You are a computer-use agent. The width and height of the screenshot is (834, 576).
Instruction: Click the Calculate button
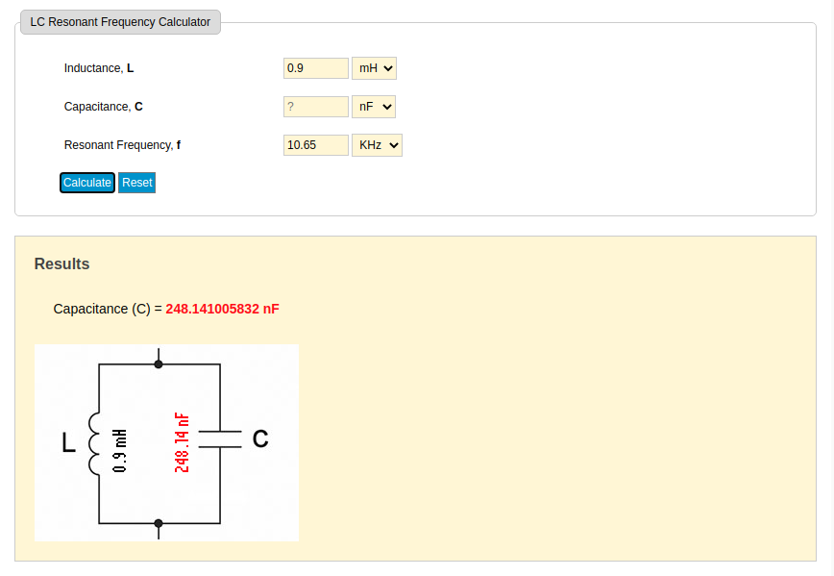tap(87, 183)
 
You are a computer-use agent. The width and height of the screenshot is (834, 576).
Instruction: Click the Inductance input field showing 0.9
tap(316, 68)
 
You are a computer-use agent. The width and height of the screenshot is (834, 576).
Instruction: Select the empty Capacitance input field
tap(316, 107)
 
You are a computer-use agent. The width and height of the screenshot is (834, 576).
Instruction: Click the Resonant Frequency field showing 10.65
tap(316, 145)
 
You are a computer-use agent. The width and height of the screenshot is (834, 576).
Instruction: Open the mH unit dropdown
tap(375, 68)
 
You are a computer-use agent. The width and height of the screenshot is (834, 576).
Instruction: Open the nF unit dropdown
tap(374, 107)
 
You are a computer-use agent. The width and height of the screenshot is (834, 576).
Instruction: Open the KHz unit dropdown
tap(377, 145)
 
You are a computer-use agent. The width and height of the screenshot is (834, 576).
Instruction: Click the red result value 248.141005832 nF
tap(222, 309)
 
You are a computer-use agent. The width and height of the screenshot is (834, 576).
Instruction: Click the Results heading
tap(61, 264)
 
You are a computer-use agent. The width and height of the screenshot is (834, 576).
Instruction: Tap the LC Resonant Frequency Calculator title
tap(120, 22)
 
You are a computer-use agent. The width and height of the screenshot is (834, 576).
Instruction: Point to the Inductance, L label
tap(99, 68)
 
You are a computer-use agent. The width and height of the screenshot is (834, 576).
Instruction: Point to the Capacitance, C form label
tap(103, 107)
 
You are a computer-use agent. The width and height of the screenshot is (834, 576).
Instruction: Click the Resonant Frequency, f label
tap(122, 145)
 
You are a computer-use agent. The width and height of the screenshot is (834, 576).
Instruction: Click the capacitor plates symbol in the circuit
tap(220, 439)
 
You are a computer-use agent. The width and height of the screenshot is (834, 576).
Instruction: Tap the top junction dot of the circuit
tap(159, 364)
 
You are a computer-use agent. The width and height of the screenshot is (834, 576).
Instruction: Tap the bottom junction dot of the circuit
tap(159, 523)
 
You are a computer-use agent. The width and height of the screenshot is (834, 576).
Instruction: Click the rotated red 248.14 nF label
tap(182, 443)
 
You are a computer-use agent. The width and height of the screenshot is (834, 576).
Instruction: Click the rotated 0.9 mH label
tap(120, 451)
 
